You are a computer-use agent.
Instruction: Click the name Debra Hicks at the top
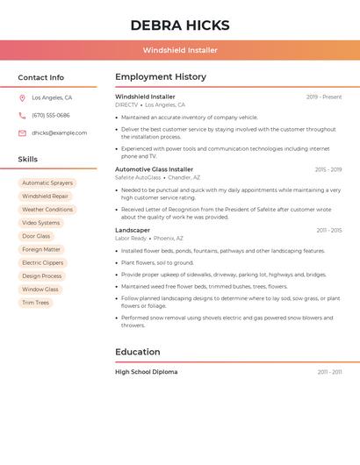[x=180, y=25]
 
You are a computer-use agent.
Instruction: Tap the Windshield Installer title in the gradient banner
[x=180, y=50]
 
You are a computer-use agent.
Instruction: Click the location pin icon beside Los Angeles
[x=22, y=97]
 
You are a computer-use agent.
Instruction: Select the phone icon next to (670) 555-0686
[x=22, y=115]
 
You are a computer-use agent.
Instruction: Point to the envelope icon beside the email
[x=22, y=133]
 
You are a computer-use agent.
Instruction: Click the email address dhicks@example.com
[x=59, y=133]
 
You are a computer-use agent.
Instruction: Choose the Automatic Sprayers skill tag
[x=47, y=183]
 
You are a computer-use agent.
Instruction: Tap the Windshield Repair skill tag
[x=45, y=197]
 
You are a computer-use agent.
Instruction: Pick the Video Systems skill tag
[x=40, y=223]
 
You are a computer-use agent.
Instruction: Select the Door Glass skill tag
[x=36, y=236]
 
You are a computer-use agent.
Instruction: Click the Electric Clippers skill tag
[x=42, y=262]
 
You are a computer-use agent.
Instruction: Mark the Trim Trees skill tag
[x=36, y=303]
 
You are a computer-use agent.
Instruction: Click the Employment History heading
[x=161, y=77]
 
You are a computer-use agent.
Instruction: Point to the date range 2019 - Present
[x=324, y=97]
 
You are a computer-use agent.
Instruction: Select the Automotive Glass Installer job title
[x=154, y=169]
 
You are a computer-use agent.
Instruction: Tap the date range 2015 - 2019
[x=328, y=169]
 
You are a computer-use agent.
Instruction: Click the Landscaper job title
[x=133, y=230]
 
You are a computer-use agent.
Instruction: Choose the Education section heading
[x=138, y=352]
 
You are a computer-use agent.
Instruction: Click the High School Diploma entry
[x=146, y=372]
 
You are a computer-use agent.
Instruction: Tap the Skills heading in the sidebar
[x=28, y=159]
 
